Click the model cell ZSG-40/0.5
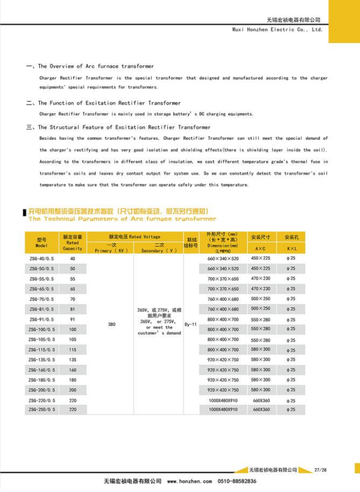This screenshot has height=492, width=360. tap(41, 259)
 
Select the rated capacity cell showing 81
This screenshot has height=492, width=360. tap(72, 309)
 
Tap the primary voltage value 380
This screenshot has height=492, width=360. tap(111, 325)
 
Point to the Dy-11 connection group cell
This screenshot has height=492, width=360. tap(191, 325)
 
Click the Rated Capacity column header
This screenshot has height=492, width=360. tap(72, 242)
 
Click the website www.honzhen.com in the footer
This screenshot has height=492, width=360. tap(189, 481)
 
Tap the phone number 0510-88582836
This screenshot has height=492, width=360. tap(237, 481)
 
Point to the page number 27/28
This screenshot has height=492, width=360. tap(320, 470)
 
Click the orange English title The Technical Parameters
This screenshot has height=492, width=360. tap(122, 219)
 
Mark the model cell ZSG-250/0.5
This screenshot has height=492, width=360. tap(41, 410)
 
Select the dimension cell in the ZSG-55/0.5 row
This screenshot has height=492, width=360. tap(222, 279)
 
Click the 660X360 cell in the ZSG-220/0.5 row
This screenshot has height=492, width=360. tap(261, 400)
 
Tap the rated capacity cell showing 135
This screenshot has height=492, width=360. tap(72, 360)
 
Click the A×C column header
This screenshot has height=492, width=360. tap(261, 249)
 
